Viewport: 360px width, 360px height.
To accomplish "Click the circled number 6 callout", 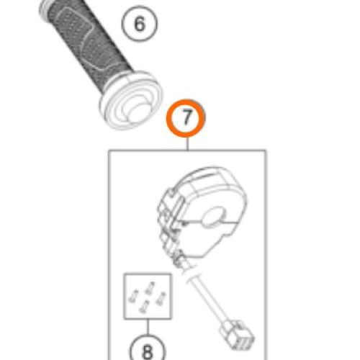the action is click(140, 24).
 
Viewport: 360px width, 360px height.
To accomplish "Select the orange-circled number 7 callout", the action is click(186, 118).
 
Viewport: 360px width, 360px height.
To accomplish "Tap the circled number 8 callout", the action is click(148, 351).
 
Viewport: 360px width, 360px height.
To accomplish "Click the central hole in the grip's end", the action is click(137, 112).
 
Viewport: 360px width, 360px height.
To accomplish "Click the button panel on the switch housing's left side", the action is click(171, 223).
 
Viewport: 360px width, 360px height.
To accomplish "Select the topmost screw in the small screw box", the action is click(150, 287).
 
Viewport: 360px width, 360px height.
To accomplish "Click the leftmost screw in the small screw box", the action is click(133, 296).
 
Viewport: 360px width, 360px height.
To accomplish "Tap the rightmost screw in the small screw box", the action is click(161, 299).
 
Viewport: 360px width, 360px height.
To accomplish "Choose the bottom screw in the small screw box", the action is click(145, 307).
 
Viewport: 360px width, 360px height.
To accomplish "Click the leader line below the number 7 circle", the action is click(187, 143).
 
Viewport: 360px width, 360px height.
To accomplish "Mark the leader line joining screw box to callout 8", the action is click(148, 327).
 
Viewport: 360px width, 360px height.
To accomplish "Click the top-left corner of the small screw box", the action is click(124, 274).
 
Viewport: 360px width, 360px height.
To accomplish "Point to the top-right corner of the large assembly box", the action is click(266, 150).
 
